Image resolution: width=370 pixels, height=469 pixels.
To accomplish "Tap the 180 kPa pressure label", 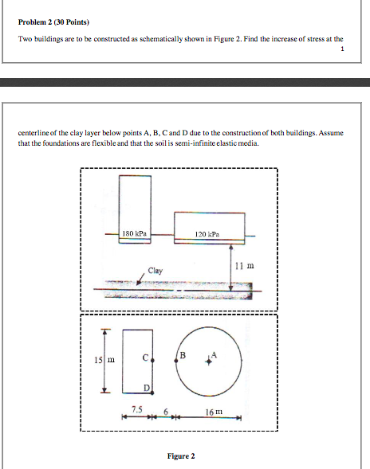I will tap(132, 233).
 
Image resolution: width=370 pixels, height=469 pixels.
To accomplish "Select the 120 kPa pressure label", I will tap(206, 234).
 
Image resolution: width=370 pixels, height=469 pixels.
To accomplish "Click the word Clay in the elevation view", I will tap(155, 271).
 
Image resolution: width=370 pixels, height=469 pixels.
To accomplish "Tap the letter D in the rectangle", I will tap(145, 386).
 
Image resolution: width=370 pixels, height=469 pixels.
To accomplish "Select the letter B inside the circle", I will tap(182, 354).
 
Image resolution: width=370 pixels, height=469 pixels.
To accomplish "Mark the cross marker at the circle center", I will tap(209, 361).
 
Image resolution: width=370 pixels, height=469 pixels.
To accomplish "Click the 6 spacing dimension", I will tap(166, 412).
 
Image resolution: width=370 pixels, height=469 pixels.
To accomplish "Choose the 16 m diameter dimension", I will tap(213, 412).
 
